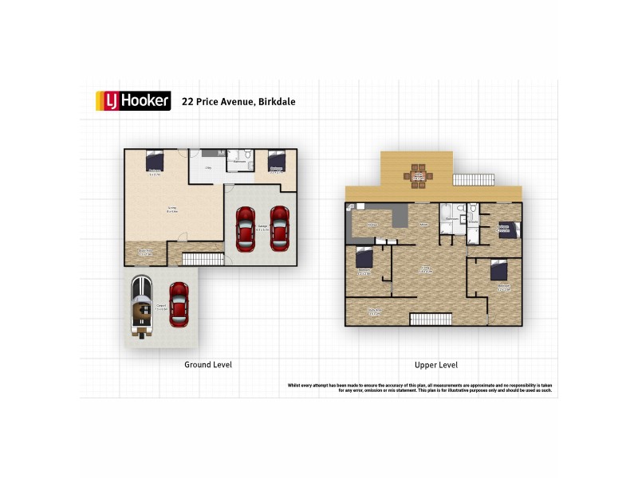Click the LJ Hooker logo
[x=132, y=100]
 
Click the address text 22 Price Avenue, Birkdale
[x=238, y=101]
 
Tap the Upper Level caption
[x=435, y=364]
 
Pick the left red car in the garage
[x=246, y=229]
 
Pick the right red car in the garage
[x=279, y=229]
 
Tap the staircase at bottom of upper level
[x=431, y=319]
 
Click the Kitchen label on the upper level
[x=372, y=225]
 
